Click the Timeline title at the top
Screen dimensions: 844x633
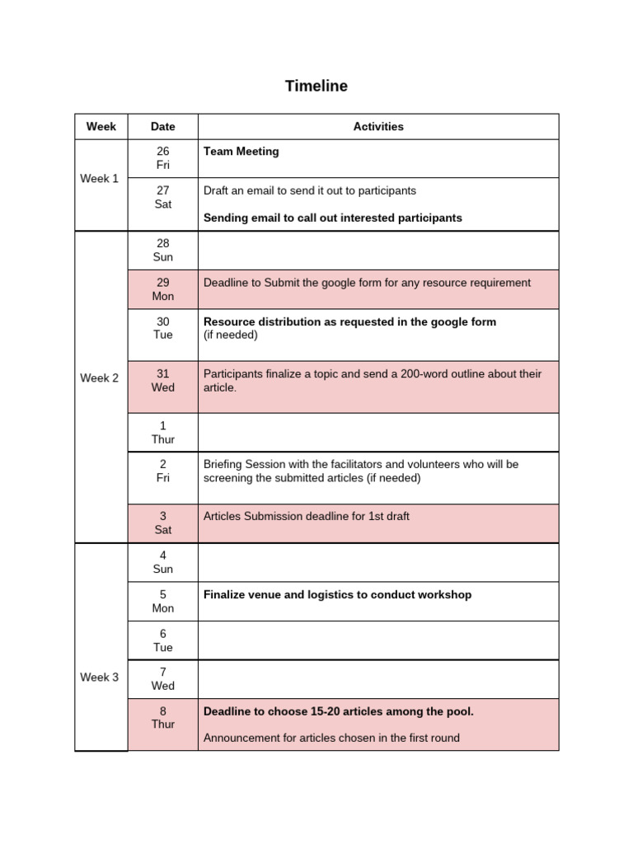point(316,86)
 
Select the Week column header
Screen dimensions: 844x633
point(101,126)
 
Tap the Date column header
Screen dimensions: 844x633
point(162,126)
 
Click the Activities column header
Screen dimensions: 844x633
point(378,126)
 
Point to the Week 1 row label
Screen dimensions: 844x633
point(100,178)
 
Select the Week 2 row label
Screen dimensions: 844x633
point(100,378)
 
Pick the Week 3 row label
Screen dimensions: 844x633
point(100,677)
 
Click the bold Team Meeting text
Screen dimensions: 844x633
point(241,152)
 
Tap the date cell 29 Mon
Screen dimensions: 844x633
point(162,289)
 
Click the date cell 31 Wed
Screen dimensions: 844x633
point(162,380)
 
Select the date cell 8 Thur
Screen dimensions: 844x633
point(162,717)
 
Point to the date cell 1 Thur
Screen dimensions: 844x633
point(162,432)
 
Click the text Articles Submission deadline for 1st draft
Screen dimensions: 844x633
point(306,516)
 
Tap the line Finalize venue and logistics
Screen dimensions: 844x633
point(337,594)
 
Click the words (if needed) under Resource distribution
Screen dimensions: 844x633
point(231,335)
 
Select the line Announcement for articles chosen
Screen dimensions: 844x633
point(331,738)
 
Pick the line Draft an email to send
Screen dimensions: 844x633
point(309,190)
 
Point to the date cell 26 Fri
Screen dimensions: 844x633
point(162,158)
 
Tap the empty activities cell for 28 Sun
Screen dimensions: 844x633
point(378,251)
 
